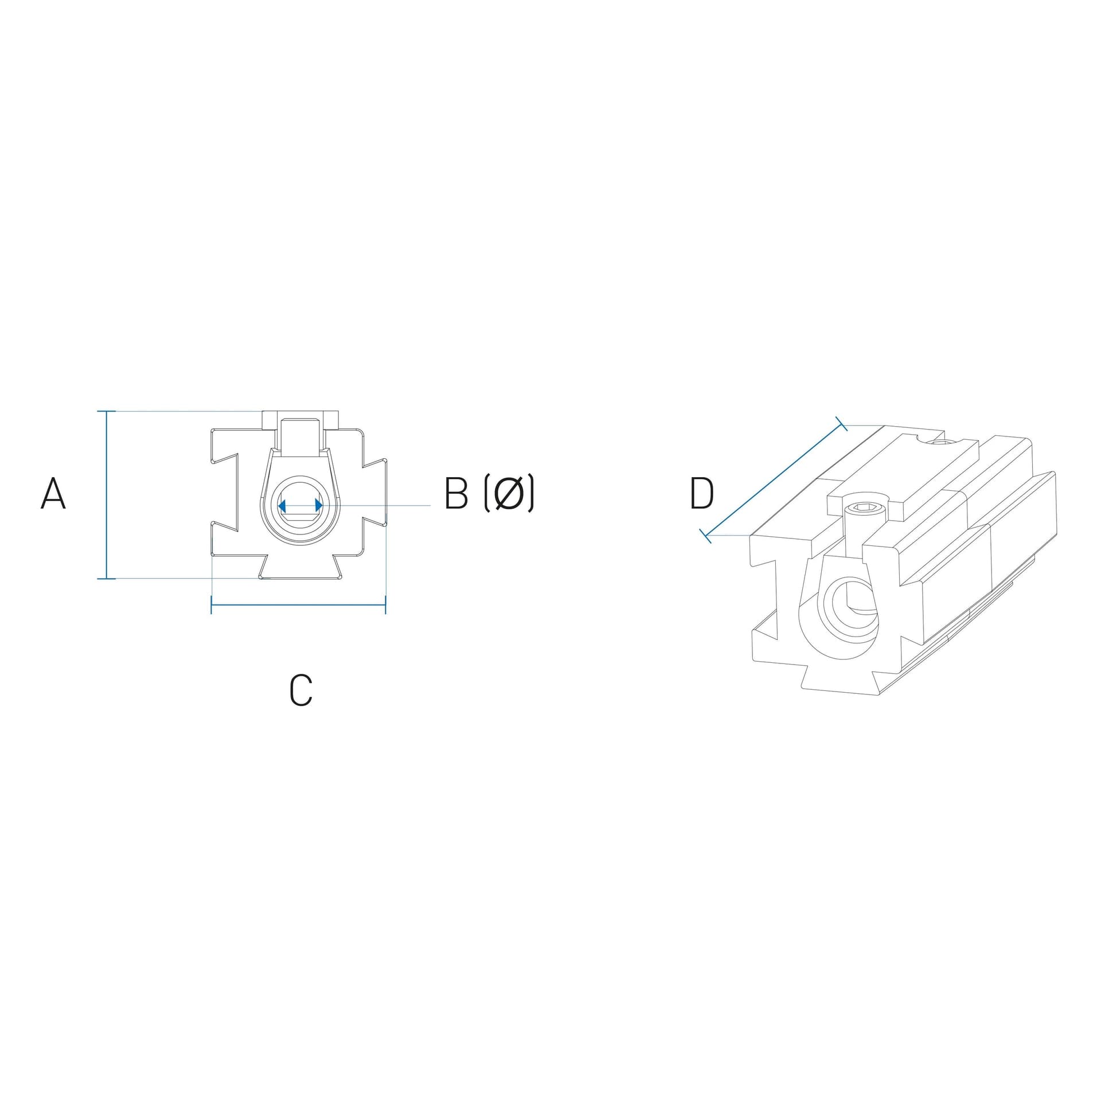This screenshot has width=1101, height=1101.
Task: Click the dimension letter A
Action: point(53,493)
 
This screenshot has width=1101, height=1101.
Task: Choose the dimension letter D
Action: point(702,493)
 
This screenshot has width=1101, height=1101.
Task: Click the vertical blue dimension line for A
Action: point(107,495)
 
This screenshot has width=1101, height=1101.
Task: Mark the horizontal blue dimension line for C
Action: point(298,605)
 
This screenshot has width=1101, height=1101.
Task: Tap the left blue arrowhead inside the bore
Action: point(282,505)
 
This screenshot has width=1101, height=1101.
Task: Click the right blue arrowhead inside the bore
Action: point(319,505)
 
